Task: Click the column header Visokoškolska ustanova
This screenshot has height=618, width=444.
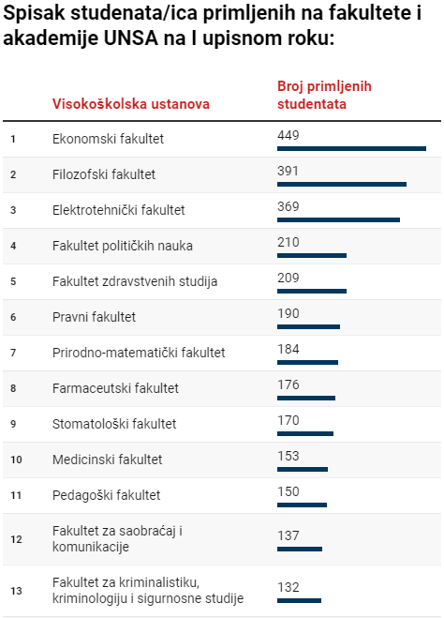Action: pyautogui.click(x=131, y=103)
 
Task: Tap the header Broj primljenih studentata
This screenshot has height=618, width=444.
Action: pyautogui.click(x=324, y=95)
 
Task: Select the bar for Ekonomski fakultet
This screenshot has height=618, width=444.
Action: pyautogui.click(x=351, y=148)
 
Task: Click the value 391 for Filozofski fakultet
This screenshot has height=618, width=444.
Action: pyautogui.click(x=289, y=172)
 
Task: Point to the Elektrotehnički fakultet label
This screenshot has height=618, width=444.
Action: pyautogui.click(x=119, y=210)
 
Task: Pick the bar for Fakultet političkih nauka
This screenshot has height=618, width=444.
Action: pyautogui.click(x=312, y=255)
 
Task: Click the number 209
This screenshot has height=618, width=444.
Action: pyautogui.click(x=289, y=279)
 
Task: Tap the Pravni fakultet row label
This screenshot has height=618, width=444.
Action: pyautogui.click(x=95, y=317)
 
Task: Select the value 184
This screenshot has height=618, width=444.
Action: pyautogui.click(x=289, y=350)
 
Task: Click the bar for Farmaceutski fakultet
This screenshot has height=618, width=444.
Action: pyautogui.click(x=306, y=398)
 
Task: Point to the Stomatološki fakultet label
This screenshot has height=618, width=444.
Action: pyautogui.click(x=114, y=424)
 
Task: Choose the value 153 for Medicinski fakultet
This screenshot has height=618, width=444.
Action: pyautogui.click(x=289, y=456)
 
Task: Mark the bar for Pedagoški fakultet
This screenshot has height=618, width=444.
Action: pyautogui.click(x=302, y=505)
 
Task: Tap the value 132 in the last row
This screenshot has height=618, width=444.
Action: pyautogui.click(x=289, y=587)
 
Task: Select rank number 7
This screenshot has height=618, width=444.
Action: pyautogui.click(x=13, y=353)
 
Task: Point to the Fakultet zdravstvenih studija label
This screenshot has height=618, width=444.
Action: pyautogui.click(x=135, y=281)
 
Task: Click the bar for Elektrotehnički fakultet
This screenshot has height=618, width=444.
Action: pyautogui.click(x=338, y=219)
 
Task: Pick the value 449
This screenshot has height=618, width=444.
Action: pyautogui.click(x=289, y=136)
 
